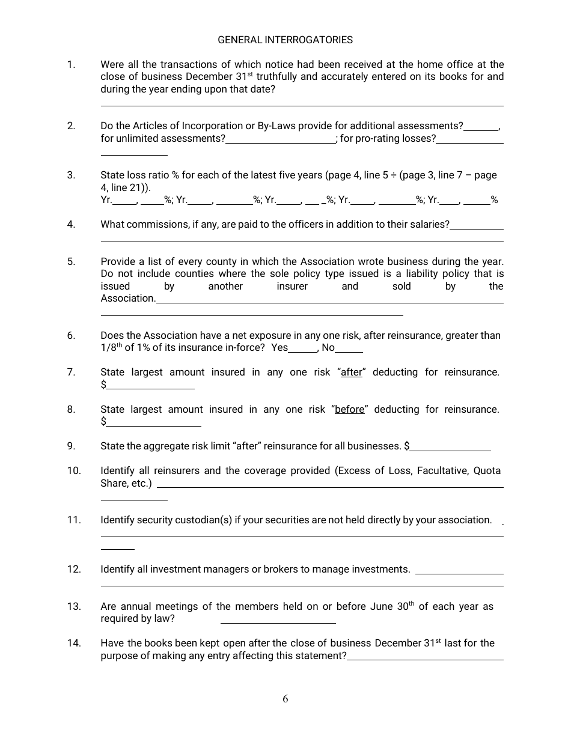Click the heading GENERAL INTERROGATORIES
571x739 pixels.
click(x=285, y=40)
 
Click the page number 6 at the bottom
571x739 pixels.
click(x=285, y=699)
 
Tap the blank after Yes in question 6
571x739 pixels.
click(x=303, y=349)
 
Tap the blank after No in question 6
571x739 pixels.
click(x=349, y=349)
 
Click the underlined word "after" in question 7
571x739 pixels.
click(x=352, y=373)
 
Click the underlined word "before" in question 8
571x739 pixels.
click(x=350, y=410)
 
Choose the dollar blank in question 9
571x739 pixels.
click(x=450, y=448)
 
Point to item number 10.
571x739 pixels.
click(x=74, y=471)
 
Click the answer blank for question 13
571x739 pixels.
click(x=278, y=621)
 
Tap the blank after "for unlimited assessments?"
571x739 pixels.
click(x=281, y=140)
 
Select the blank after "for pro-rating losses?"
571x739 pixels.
click(x=470, y=140)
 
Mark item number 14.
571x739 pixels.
click(x=74, y=643)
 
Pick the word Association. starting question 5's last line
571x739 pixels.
click(x=128, y=299)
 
